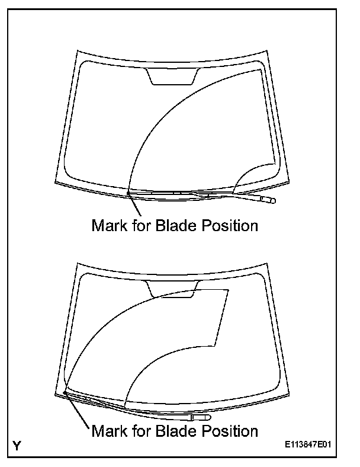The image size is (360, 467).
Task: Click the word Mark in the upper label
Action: [108, 226]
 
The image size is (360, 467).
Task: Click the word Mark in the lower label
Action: [108, 431]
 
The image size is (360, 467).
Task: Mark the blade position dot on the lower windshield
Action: [63, 392]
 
